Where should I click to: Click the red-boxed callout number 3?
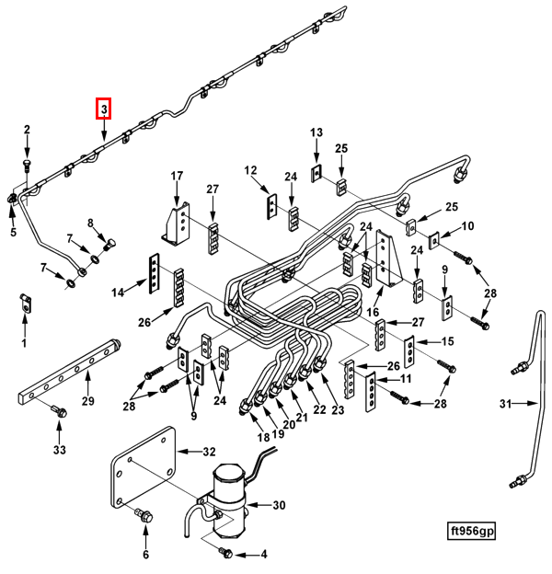pos(104,109)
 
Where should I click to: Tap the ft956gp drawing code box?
pos(471,531)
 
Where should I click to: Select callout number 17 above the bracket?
pos(177,176)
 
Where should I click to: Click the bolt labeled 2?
pos(28,166)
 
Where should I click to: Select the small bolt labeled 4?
pos(225,553)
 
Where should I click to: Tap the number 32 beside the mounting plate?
pos(209,452)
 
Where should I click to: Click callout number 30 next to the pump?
pos(279,505)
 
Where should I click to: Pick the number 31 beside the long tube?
pos(505,404)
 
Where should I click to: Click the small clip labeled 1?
pos(25,303)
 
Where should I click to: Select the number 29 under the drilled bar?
pos(87,401)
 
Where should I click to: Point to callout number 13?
pos(316,132)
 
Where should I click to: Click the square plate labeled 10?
pos(434,240)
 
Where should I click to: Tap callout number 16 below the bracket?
pos(373,312)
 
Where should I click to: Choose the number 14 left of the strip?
pos(118,293)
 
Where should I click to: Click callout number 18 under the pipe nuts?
pos(263,437)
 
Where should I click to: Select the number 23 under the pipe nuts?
pos(338,409)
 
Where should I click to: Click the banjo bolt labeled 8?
pos(109,244)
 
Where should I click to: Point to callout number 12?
pos(251,170)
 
